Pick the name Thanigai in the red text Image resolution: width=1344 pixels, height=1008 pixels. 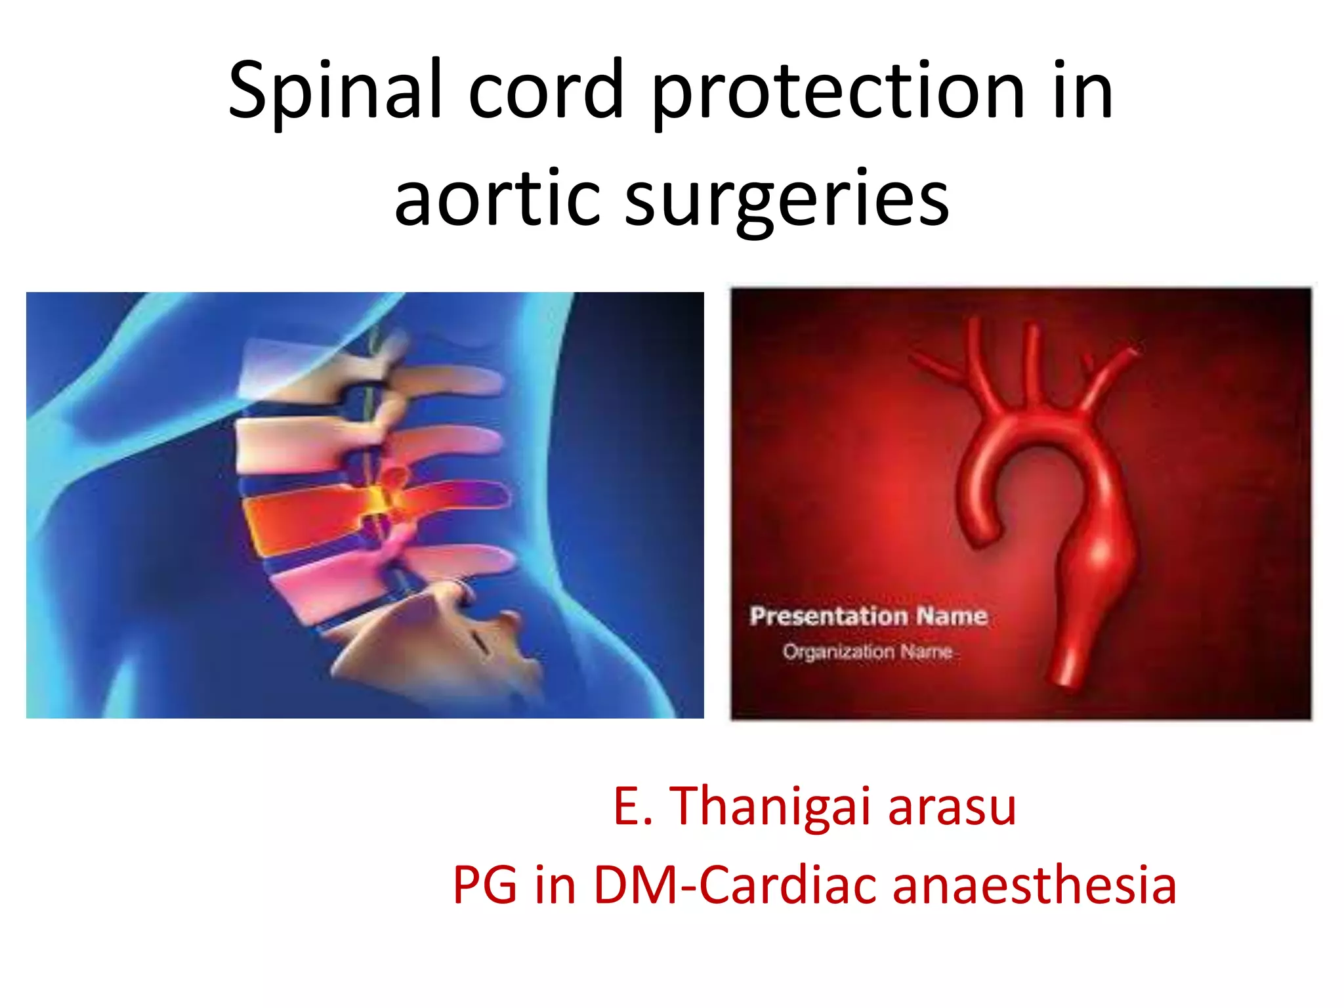tap(771, 807)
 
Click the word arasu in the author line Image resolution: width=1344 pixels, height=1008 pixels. tap(952, 807)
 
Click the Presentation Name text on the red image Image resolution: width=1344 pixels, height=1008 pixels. tap(868, 616)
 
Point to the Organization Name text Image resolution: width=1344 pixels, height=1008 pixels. tap(867, 652)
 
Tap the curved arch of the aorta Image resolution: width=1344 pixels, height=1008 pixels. tap(1037, 433)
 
